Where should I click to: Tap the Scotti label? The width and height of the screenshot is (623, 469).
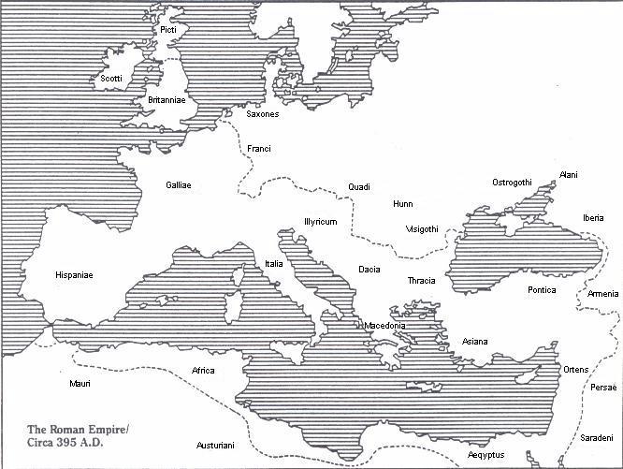click(x=111, y=79)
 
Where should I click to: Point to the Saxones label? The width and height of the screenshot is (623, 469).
click(x=263, y=114)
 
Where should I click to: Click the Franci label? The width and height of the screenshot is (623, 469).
click(x=259, y=148)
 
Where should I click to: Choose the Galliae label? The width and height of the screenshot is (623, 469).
click(x=179, y=185)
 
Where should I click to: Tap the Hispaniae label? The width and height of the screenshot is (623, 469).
click(x=74, y=275)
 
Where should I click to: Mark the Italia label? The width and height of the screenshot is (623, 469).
click(x=274, y=264)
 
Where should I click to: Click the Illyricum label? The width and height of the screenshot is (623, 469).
click(x=319, y=222)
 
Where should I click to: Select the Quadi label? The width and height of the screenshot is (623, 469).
click(x=359, y=186)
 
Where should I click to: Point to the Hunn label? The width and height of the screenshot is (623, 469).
click(x=403, y=203)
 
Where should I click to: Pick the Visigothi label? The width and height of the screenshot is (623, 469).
click(x=422, y=228)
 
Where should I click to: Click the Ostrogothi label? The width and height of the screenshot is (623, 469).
click(x=512, y=182)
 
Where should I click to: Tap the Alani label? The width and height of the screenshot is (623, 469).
click(x=569, y=175)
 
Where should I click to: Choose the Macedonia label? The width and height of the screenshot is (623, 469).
click(x=384, y=326)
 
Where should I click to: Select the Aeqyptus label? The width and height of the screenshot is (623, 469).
click(x=486, y=456)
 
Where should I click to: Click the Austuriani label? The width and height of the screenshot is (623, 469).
click(x=216, y=446)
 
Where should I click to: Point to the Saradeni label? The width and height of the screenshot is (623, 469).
click(x=596, y=438)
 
